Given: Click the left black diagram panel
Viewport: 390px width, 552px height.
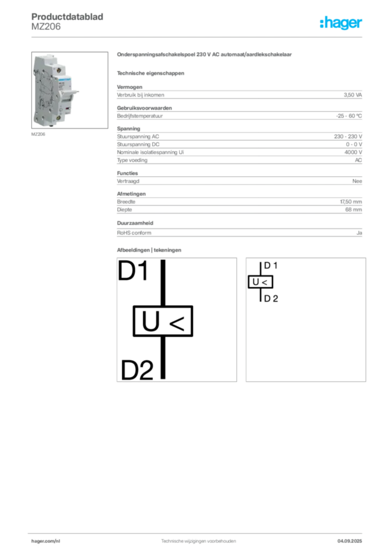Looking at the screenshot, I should [176, 321].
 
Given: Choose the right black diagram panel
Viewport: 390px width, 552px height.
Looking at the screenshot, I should [306, 321].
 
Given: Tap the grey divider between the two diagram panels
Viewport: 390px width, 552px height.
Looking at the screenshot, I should [241, 321].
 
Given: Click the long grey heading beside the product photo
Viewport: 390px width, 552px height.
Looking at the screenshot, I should [205, 55].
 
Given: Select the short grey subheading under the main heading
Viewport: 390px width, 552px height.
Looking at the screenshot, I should [151, 73].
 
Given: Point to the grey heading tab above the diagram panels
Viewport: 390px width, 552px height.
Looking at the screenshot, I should [151, 250].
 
